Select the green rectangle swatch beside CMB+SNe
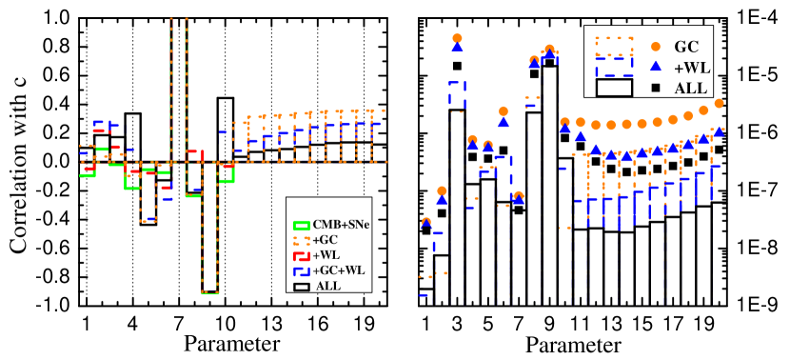pyautogui.click(x=302, y=226)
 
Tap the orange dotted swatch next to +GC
pyautogui.click(x=302, y=240)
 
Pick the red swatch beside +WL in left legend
pyautogui.click(x=302, y=255)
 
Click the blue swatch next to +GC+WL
pyautogui.click(x=302, y=270)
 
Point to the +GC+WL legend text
pyautogui.click(x=338, y=270)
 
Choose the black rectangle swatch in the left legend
pyautogui.click(x=302, y=286)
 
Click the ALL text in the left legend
pyautogui.click(x=327, y=286)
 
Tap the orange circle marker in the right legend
pyautogui.click(x=655, y=46)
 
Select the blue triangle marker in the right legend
pyautogui.click(x=655, y=67)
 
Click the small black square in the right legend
pyautogui.click(x=655, y=89)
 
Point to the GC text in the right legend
pyautogui.click(x=686, y=46)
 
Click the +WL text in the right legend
pyautogui.click(x=692, y=67)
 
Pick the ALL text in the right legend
pyautogui.click(x=690, y=89)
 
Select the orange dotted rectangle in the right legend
pyautogui.click(x=614, y=47)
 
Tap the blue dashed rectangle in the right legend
pyautogui.click(x=614, y=67)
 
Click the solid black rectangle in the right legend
pyautogui.click(x=614, y=88)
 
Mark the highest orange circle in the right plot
pyautogui.click(x=457, y=38)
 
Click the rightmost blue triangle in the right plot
pyautogui.click(x=719, y=131)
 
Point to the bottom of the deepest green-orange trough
pyautogui.click(x=210, y=292)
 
